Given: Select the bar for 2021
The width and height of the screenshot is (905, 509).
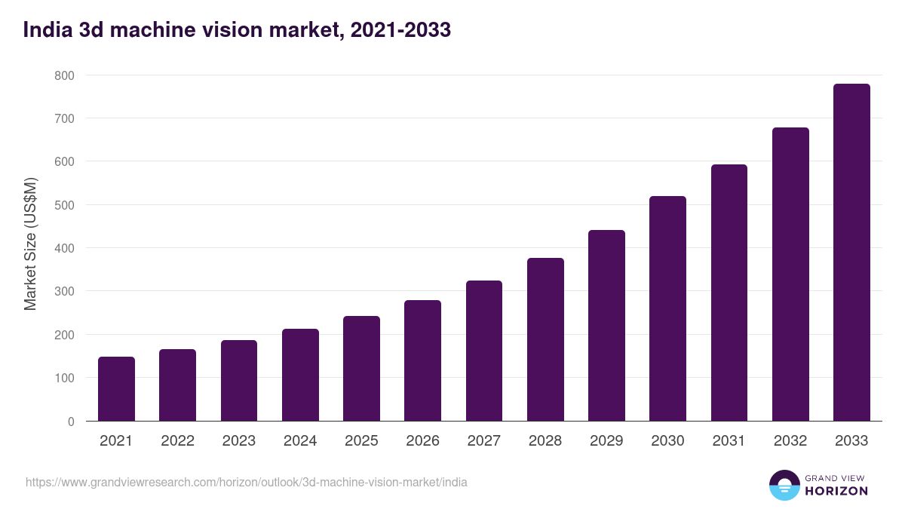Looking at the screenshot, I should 116,389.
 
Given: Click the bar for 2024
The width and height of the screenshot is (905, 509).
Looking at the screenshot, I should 300,375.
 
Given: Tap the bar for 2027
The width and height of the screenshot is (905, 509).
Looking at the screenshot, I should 484,351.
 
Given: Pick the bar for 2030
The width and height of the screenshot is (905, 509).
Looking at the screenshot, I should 667,308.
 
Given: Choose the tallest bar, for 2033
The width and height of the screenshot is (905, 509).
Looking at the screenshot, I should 851,253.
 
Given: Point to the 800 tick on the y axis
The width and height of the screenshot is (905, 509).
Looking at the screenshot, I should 65,75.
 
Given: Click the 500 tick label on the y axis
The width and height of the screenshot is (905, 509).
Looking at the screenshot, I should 65,205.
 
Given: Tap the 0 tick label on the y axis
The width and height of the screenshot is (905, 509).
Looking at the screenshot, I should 71,422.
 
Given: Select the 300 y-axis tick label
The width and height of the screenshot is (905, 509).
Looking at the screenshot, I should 65,292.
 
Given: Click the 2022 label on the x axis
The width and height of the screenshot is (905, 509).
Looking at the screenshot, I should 177,441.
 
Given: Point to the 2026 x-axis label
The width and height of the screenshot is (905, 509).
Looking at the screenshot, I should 422,441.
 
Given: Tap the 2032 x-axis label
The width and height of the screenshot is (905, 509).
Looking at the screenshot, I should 790,441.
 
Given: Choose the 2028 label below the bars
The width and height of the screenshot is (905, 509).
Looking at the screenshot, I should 545,441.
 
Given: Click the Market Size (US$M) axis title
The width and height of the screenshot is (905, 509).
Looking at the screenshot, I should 30,244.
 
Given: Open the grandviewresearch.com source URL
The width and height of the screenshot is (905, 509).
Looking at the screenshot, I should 246,482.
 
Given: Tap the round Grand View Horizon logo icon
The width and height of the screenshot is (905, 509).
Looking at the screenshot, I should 784,485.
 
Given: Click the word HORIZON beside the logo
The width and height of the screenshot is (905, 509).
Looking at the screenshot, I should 836,491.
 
